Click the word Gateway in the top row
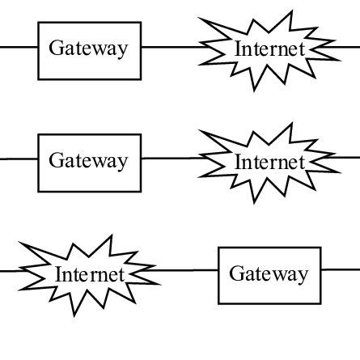88,49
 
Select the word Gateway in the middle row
88,160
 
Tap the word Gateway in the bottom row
269,273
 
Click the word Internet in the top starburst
269,49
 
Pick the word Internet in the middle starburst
269,162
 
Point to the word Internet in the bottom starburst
90,274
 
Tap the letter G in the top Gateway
56,48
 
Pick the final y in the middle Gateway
122,163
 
